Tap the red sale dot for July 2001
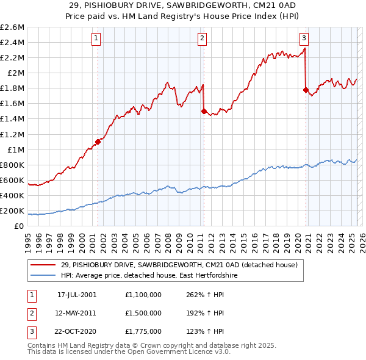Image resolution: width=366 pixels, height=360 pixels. pyautogui.click(x=98, y=142)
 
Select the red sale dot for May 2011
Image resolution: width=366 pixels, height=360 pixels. pyautogui.click(x=204, y=111)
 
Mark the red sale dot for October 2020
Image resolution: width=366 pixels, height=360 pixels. pyautogui.click(x=306, y=90)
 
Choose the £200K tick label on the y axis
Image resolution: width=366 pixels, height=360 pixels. pyautogui.click(x=12, y=211)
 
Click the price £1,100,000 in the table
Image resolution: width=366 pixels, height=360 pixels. pyautogui.click(x=143, y=294)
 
